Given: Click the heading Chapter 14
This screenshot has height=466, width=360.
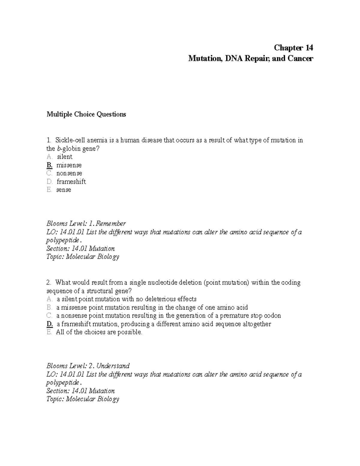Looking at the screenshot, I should (x=293, y=48).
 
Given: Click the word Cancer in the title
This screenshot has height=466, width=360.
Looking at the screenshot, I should (x=300, y=58).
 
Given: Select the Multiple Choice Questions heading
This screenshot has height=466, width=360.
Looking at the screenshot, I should (x=86, y=114).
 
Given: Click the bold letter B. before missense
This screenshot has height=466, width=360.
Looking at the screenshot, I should (x=49, y=165).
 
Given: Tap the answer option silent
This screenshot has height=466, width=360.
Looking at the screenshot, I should (x=64, y=157).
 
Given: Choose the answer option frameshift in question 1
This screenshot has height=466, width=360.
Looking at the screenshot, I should (x=71, y=182).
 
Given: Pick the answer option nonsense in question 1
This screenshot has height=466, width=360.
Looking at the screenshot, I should (x=69, y=173).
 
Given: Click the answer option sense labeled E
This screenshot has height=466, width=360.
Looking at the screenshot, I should (x=64, y=190).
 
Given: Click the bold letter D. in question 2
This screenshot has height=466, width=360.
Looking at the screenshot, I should (x=50, y=324).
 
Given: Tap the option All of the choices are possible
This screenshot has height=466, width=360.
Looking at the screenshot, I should (x=99, y=332).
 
